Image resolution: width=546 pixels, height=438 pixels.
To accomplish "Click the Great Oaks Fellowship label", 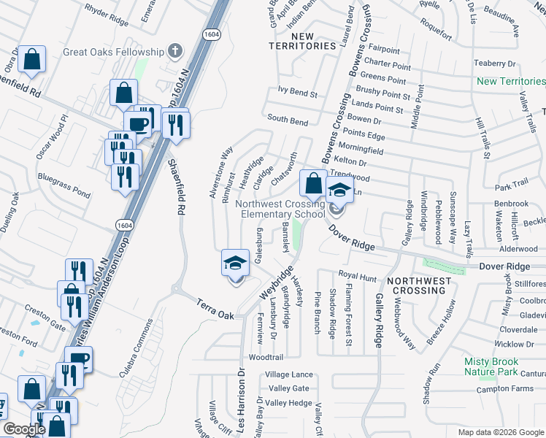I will (113, 52).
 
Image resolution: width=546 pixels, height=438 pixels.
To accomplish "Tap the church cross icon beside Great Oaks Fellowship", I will (174, 51).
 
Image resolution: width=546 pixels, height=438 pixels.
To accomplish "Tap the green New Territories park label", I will (510, 81).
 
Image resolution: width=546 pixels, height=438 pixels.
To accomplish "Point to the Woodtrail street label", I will (265, 358).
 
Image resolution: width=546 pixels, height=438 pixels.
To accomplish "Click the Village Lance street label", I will (290, 374).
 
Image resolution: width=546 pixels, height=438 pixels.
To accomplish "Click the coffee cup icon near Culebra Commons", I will (78, 358).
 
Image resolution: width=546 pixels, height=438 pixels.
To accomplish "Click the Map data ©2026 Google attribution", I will (491, 431).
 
